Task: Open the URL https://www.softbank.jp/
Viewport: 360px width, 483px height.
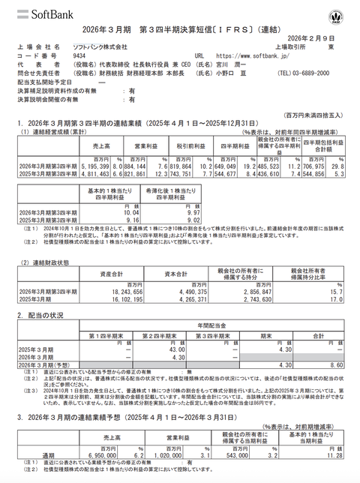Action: (248, 55)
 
